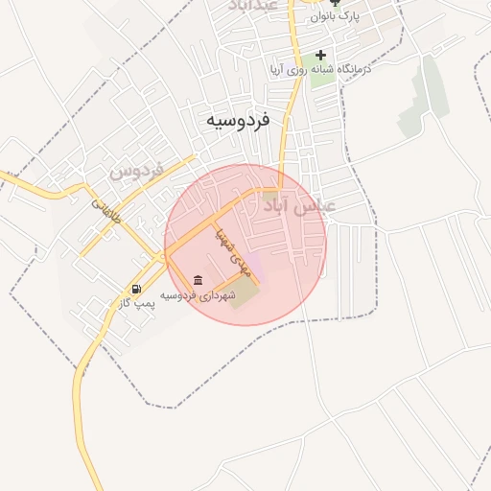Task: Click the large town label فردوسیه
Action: tap(237, 122)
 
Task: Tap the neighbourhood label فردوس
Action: tap(136, 171)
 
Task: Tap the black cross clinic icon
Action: tap(320, 55)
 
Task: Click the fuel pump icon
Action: tap(137, 289)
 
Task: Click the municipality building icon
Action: tap(198, 280)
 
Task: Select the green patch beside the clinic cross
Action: tap(322, 74)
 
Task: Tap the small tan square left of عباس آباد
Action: tap(272, 196)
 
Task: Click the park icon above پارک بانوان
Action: tap(335, 3)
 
